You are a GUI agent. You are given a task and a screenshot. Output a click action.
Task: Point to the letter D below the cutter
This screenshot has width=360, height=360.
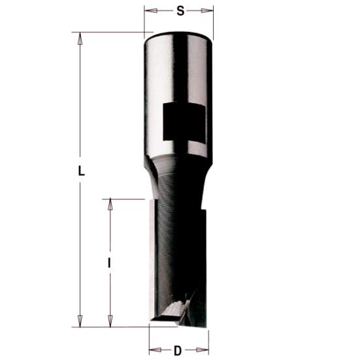pyautogui.click(x=178, y=351)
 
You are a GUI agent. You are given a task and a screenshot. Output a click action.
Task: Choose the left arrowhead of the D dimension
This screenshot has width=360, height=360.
pyautogui.click(x=152, y=351)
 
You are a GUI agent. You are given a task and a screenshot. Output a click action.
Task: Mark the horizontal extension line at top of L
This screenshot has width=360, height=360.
pyautogui.click(x=111, y=32)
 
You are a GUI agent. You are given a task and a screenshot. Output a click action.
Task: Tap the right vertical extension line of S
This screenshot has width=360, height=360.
pyautogui.click(x=214, y=20)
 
